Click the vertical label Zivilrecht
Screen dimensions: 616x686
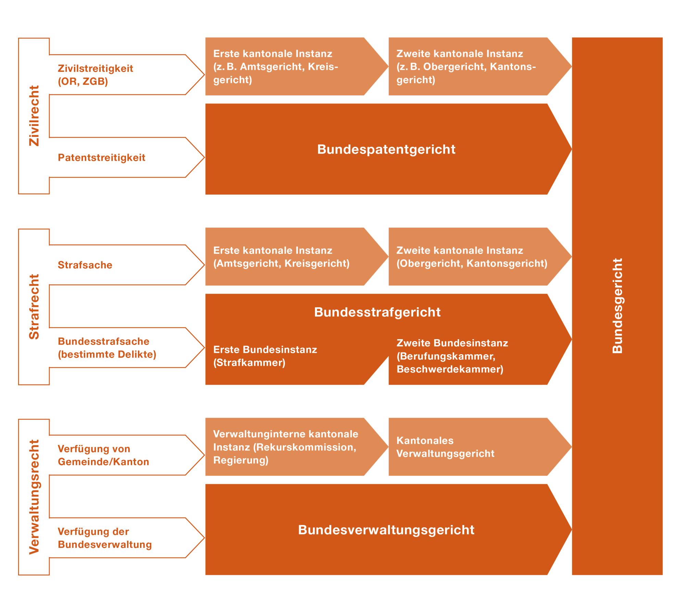(34, 116)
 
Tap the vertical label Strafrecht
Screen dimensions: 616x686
(34, 307)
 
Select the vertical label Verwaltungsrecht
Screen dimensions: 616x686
(34, 497)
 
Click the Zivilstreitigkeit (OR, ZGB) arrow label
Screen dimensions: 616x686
(96, 75)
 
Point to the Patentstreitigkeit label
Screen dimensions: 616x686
(102, 158)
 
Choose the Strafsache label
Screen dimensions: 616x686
(85, 265)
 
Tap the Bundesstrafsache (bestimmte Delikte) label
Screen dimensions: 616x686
(107, 348)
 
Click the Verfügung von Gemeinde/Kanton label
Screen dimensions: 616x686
(103, 455)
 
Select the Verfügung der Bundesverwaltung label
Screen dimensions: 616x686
(105, 538)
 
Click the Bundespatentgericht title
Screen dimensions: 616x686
(386, 150)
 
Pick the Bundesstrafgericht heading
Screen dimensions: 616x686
(377, 312)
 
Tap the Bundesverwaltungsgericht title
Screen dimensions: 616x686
(386, 530)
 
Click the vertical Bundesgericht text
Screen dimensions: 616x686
(617, 306)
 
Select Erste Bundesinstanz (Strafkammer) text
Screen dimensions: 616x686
(265, 356)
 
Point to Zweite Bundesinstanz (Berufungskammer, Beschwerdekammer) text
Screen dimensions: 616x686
(452, 356)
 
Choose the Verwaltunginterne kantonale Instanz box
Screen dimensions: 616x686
(285, 447)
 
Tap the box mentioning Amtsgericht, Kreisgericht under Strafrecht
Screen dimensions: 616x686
(285, 257)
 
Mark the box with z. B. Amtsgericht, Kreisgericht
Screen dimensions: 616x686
(285, 66)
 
